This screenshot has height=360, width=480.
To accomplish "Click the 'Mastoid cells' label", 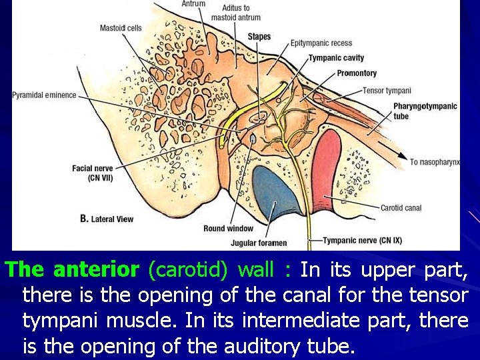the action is point(121,28).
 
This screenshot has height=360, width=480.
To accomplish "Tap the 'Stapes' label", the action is point(259,36).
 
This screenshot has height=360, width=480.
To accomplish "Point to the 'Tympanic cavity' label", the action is point(336,58).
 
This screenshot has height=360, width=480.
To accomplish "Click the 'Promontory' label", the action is point(357,73).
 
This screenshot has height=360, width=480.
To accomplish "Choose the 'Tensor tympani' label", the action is point(387,91).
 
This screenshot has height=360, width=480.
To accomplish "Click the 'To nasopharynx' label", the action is point(435,162).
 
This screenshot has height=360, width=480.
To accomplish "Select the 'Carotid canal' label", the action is point(401,208).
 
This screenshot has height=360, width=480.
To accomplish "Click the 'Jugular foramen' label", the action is point(259,243).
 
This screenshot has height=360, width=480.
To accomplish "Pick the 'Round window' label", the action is point(229,229).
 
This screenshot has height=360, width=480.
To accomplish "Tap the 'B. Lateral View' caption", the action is point(107,219).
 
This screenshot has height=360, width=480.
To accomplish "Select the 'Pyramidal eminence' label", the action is point(44,95).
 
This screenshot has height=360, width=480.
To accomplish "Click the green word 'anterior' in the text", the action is point(95,270).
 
